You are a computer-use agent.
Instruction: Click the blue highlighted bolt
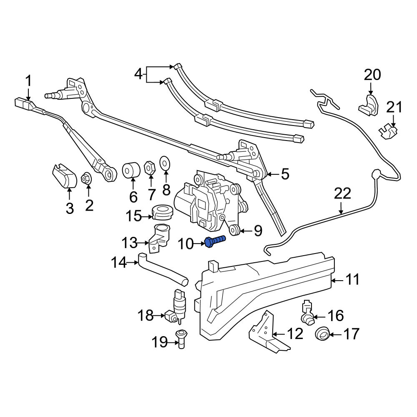pos(215,241)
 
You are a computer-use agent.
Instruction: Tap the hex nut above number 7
pos(149,167)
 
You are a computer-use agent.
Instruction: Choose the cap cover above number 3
pos(64,176)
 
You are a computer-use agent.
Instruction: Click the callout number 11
pos(353,279)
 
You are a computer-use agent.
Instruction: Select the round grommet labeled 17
pos(322,334)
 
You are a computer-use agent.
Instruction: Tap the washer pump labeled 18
pos(176,306)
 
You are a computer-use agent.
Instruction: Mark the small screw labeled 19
pos(181,339)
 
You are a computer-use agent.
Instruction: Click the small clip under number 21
pos(388,133)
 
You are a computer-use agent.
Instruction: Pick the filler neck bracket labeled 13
pos(159,238)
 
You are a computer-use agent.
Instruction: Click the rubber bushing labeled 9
pos(235,230)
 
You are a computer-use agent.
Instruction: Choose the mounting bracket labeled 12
pos(269,332)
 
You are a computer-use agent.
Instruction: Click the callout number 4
pos(138,74)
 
